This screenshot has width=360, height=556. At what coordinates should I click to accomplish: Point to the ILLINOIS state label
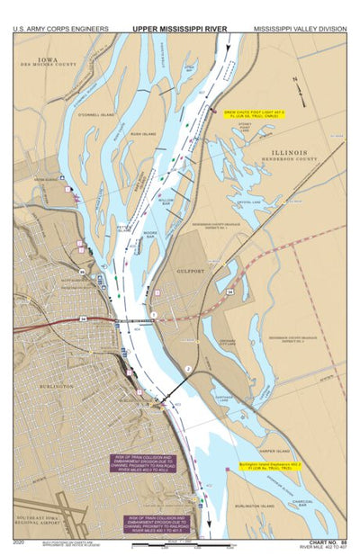[287, 152]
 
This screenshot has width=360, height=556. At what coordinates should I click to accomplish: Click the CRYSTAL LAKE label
[249, 202]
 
